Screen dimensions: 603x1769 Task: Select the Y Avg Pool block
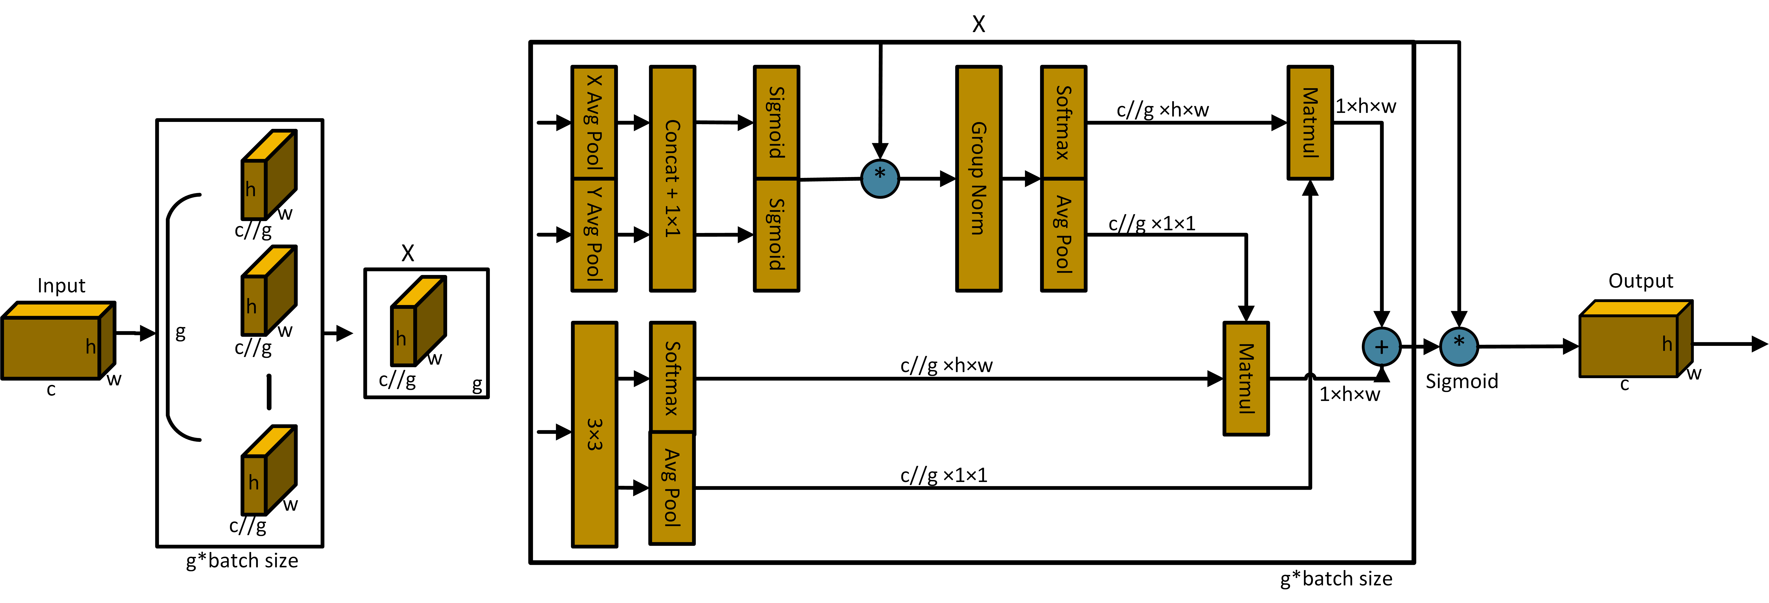594,235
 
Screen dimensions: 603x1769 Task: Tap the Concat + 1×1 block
672,178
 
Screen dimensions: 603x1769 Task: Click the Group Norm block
979,178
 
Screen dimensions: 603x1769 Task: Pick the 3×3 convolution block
595,434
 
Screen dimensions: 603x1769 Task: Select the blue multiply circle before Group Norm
880,178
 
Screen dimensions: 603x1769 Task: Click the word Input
61,285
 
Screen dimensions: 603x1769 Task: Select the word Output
1641,281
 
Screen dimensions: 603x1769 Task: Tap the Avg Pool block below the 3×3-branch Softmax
672,488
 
